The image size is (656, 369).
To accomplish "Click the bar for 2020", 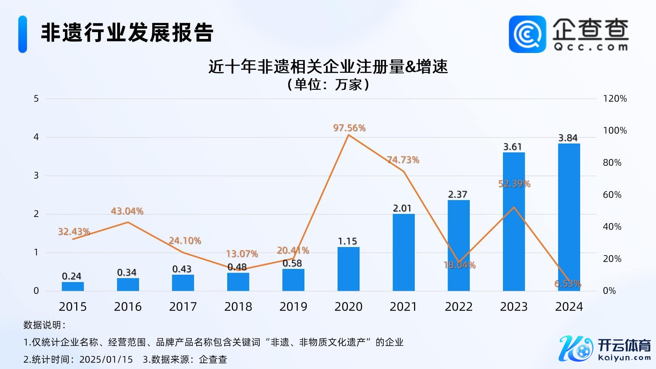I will pos(348,269).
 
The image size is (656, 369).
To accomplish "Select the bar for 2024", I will pos(569,217).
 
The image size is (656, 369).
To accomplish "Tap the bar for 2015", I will pos(73,286).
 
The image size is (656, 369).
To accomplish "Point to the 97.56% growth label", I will pos(349,128).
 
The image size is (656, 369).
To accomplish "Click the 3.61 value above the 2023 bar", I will pos(512,147).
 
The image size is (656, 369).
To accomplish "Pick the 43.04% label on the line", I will pos(127,211).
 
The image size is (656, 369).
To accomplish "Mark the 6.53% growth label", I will pos(568,284).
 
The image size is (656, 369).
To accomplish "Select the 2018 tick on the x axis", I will pos(238,307).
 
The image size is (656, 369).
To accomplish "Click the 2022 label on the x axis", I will pos(459,307).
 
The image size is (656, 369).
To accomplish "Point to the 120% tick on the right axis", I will pos(615,99).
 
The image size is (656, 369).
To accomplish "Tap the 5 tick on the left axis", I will pos(36,99).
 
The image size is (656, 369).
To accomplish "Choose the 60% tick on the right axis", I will pos(612,195).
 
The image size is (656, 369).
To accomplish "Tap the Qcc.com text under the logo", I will pos(591,47).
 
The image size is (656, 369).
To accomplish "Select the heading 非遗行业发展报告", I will pos(127,33).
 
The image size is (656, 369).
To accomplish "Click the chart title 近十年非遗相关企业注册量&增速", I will pos(328,67).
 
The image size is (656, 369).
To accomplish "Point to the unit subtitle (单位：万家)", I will pos(328,84).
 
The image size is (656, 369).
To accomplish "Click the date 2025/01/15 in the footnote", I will pos(106,359).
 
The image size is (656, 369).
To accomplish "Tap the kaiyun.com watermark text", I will pos(625,358).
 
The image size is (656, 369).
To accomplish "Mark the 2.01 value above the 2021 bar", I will pos(402,208).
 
